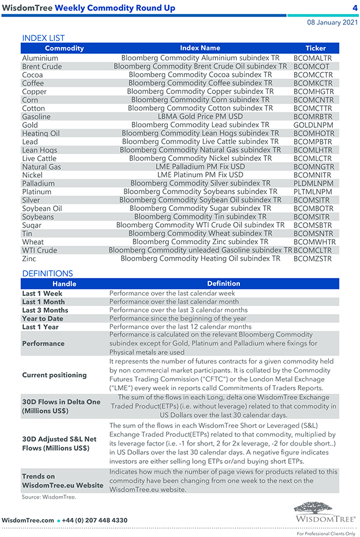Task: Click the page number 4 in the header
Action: [x=354, y=8]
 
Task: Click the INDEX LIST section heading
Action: [x=43, y=38]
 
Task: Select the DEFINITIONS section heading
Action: [x=47, y=273]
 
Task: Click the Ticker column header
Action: [x=316, y=48]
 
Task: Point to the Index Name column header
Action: [x=200, y=48]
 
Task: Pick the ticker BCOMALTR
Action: [x=313, y=58]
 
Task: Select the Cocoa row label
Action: [x=32, y=75]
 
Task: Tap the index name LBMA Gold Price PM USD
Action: [x=200, y=117]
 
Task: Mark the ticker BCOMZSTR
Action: [x=313, y=259]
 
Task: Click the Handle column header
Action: [x=64, y=283]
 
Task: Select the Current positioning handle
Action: [x=54, y=375]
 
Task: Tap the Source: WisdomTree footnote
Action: [x=49, y=497]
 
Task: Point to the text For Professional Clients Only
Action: [x=326, y=534]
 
